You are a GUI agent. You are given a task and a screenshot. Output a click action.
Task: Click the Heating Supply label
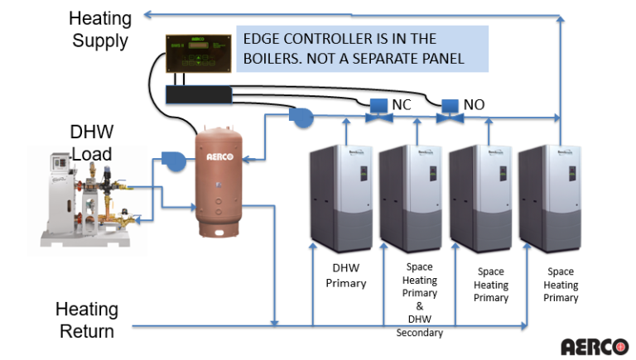click(x=99, y=29)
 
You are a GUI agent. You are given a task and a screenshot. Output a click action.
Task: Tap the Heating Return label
click(x=87, y=320)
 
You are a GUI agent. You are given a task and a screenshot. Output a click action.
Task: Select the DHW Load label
click(x=91, y=143)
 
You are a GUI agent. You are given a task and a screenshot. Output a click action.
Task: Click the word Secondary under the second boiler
click(x=421, y=333)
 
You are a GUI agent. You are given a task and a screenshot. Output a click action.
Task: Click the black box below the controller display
click(x=197, y=93)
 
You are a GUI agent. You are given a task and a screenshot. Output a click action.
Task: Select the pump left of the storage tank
click(x=175, y=161)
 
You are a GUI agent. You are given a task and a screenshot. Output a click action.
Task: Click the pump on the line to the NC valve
click(x=301, y=118)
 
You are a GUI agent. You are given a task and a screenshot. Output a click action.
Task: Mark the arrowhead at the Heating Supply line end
click(x=147, y=14)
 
